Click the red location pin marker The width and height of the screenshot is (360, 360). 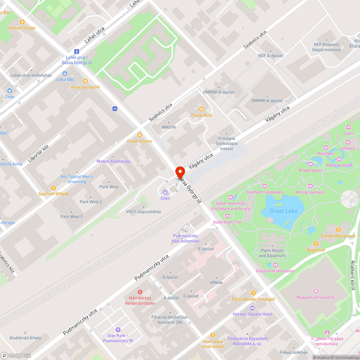tap(180, 172)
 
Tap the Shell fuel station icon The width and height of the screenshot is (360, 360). tap(165, 192)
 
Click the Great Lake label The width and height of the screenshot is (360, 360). tap(284, 211)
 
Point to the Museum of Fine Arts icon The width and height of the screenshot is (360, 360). tap(316, 291)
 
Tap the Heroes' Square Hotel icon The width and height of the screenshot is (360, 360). tap(252, 308)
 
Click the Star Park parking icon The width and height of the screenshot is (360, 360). tap(118, 330)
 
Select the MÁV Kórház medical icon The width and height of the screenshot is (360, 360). tap(140, 292)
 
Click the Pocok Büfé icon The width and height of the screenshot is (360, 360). tap(201, 109)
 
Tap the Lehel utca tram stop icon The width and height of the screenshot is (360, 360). tap(76, 51)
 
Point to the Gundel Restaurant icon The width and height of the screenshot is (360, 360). tap(338, 230)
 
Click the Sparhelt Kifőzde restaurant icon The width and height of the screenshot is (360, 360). tap(54, 188)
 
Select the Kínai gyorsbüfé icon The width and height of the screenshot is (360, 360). tap(85, 81)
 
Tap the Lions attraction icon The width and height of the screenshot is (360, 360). tap(348, 127)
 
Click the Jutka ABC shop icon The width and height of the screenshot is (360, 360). tap(65, 73)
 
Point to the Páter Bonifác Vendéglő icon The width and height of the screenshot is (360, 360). tap(253, 293)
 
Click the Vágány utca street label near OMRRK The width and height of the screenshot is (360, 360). tap(278, 113)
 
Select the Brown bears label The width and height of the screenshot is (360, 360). tap(310, 170)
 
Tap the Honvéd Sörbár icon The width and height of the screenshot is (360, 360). tap(22, 22)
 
